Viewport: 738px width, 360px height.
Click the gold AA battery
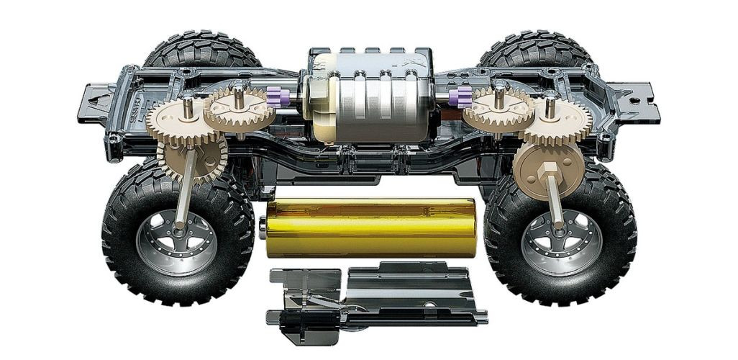(x=370, y=228)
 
